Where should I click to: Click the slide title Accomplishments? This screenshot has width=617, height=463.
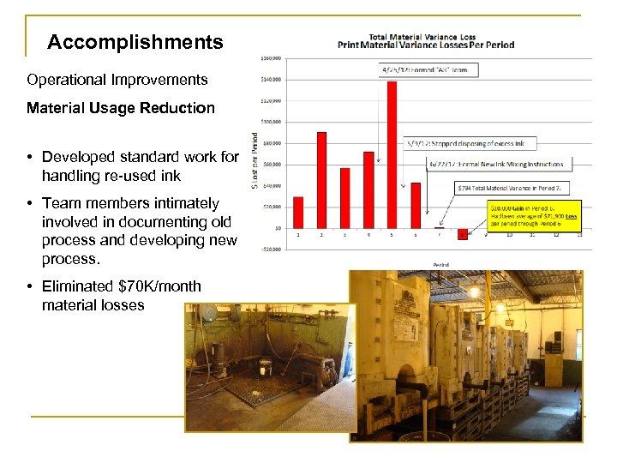point(135,42)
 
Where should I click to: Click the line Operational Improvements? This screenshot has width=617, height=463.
point(117,80)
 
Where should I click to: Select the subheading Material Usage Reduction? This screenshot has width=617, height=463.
point(121,108)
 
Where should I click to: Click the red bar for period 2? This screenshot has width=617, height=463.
point(321,179)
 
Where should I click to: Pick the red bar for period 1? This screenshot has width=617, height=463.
point(298,212)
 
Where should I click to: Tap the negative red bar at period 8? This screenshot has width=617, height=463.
point(462,232)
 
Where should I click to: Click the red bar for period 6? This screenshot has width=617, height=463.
point(416,205)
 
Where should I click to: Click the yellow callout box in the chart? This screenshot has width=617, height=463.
point(533,215)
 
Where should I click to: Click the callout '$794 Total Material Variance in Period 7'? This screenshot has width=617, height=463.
point(512,187)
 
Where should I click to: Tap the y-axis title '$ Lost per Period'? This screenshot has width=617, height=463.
point(255,159)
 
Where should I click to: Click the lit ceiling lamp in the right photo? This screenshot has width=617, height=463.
point(473,292)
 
